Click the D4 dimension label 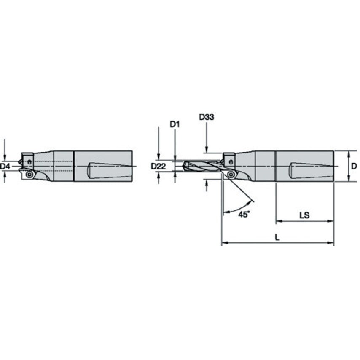click(5, 167)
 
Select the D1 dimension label click(175, 124)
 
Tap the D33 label click(207, 117)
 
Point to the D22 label click(158, 167)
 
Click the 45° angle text click(244, 214)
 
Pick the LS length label click(304, 215)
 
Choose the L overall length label click(277, 237)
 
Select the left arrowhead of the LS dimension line click(278, 220)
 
